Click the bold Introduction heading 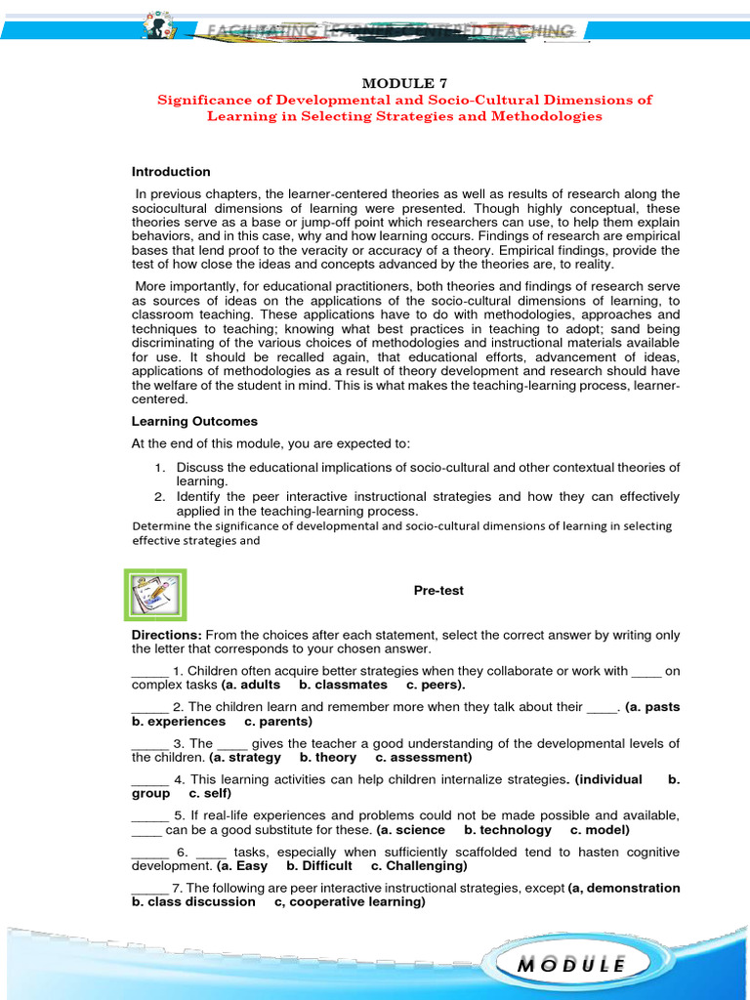pyautogui.click(x=171, y=172)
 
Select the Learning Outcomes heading pyautogui.click(x=194, y=421)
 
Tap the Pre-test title pyautogui.click(x=438, y=591)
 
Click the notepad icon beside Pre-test pyautogui.click(x=153, y=596)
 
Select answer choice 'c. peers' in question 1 pyautogui.click(x=436, y=685)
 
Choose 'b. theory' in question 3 pyautogui.click(x=328, y=757)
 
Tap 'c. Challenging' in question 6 pyautogui.click(x=418, y=865)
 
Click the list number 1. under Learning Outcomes pyautogui.click(x=161, y=468)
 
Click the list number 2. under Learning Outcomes pyautogui.click(x=161, y=497)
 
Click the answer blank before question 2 pyautogui.click(x=149, y=707)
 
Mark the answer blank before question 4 pyautogui.click(x=149, y=779)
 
